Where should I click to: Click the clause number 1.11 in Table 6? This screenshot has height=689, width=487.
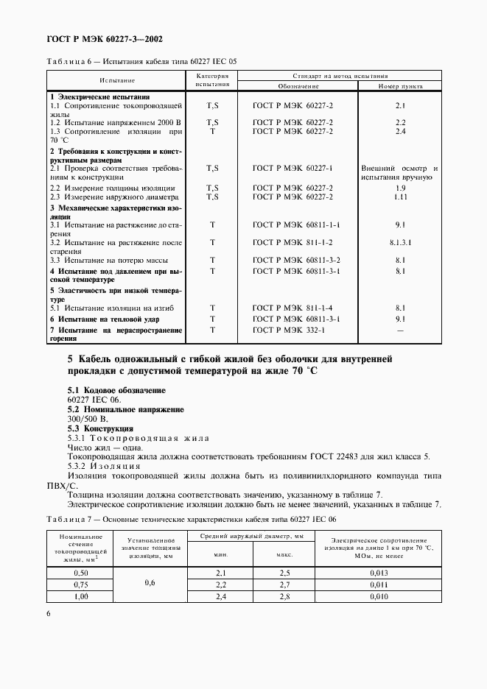point(400,197)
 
